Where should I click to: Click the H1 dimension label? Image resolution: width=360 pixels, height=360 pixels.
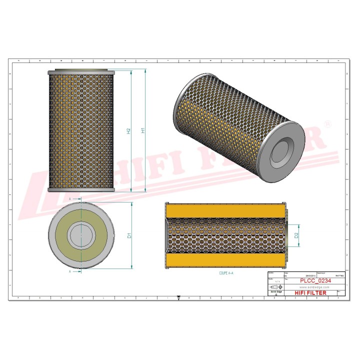[x=143, y=130]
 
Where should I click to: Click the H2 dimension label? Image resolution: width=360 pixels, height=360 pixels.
[x=128, y=131]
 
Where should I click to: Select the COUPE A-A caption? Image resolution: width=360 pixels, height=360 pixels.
[x=226, y=274]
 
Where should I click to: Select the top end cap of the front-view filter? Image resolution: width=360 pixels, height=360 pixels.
[x=81, y=72]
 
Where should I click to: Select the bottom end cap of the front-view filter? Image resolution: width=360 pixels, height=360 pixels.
[x=81, y=190]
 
